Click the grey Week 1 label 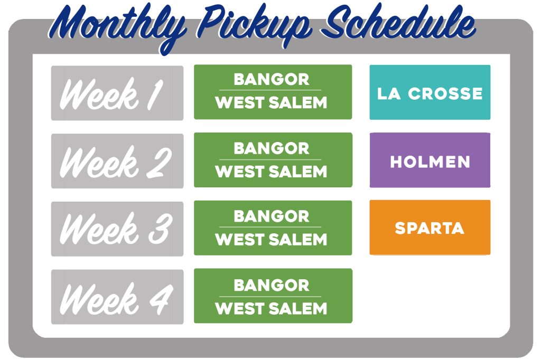coord(117,93)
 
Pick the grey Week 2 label coord(117,161)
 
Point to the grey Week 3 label coord(117,229)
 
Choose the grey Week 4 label coord(117,297)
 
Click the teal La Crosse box coord(430,92)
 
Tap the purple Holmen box coord(430,160)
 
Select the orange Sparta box coord(430,228)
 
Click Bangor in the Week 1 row coord(272,79)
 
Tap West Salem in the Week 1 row coord(271,102)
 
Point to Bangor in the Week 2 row coord(272,148)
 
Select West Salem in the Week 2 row coord(271,172)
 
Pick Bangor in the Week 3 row coord(272,216)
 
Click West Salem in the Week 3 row coord(271,239)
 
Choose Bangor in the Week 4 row coord(272,285)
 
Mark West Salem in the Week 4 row coord(271,308)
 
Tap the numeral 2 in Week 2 coord(159,163)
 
